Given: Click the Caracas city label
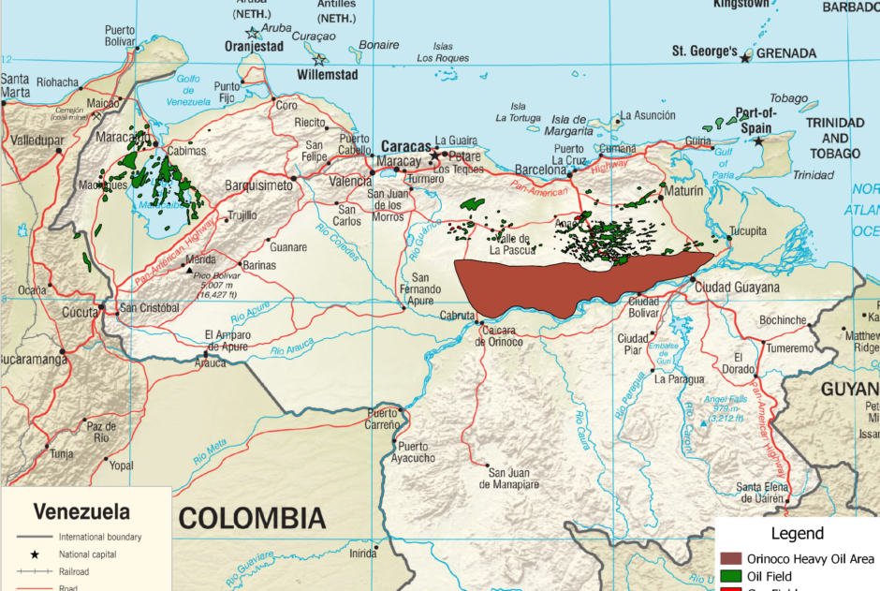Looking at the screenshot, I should point(406,147).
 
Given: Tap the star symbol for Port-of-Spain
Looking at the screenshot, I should point(758,141).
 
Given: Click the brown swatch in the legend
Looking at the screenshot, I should point(730,559).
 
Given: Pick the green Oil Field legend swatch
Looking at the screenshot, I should point(730,575).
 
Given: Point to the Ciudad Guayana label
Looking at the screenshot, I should point(737,288).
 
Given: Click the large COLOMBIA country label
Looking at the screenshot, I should point(253,518).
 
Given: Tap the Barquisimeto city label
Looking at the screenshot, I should point(259,185).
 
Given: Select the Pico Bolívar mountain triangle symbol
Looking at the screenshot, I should point(190,269).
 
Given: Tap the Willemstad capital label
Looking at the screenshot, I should point(328,73).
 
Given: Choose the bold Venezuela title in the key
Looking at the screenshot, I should point(81,512).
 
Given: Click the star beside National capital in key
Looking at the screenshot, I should point(34,554).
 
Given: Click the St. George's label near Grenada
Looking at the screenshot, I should point(707,51).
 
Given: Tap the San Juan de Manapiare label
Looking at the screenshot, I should point(510,478).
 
